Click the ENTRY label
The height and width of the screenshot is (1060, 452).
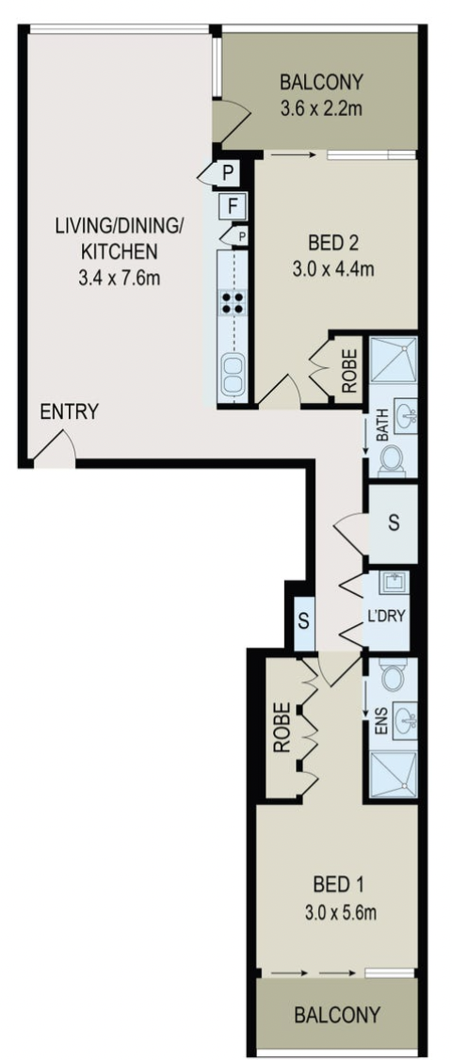tap(69, 411)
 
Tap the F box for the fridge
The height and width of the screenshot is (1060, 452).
tap(232, 206)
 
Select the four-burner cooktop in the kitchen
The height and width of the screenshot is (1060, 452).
tap(233, 302)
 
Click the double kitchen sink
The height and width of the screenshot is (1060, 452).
tap(233, 375)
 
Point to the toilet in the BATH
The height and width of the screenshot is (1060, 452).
tap(392, 461)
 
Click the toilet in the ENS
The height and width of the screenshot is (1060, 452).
tap(393, 676)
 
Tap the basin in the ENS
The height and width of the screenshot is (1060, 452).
tap(406, 721)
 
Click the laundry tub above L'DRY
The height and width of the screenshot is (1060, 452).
tap(394, 583)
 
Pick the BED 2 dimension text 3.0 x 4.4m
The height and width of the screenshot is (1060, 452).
tap(333, 269)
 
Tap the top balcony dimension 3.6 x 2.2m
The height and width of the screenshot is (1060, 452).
tap(321, 108)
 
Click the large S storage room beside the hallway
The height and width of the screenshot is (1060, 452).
tap(393, 523)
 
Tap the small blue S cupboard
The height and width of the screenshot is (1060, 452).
tap(304, 621)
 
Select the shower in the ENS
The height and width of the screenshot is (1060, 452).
tap(394, 773)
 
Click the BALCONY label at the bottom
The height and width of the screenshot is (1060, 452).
tap(336, 1015)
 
